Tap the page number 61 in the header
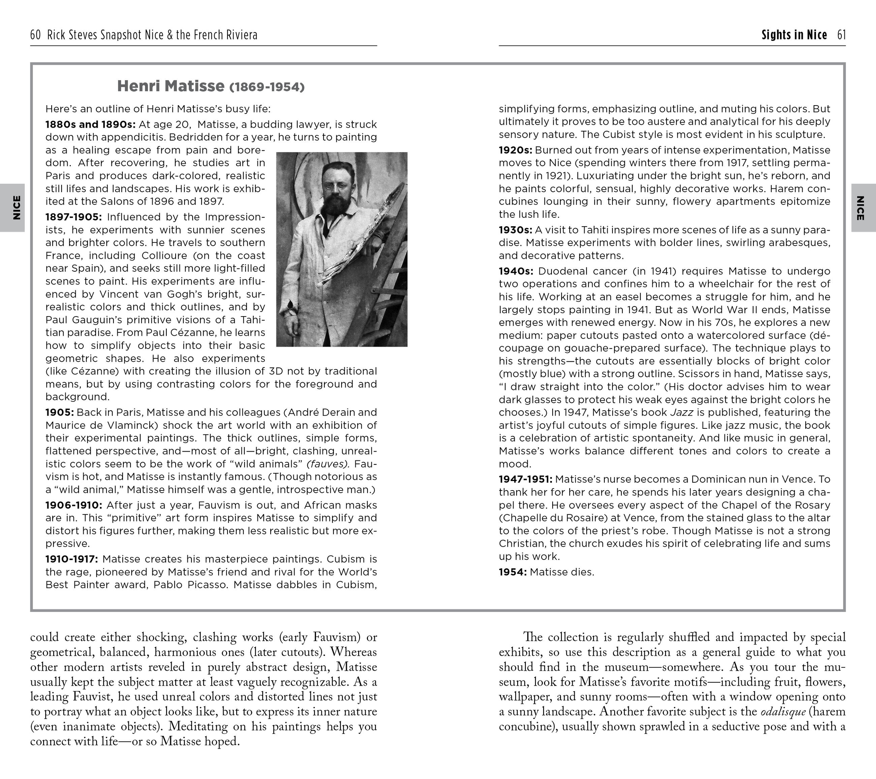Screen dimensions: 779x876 click(x=841, y=35)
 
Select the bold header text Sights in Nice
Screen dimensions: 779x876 click(x=794, y=35)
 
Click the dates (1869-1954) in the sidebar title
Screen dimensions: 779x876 click(x=267, y=87)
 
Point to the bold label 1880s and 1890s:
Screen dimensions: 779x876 click(x=90, y=124)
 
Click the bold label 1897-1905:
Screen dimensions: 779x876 click(x=74, y=217)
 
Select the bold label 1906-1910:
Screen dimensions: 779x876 click(x=74, y=505)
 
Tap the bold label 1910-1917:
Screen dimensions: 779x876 click(x=71, y=559)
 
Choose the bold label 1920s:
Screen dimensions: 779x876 click(x=515, y=150)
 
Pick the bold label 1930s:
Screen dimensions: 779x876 click(x=515, y=230)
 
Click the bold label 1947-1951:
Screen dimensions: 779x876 click(x=525, y=479)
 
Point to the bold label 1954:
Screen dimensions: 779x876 click(x=512, y=572)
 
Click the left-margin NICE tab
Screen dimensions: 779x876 click(x=16, y=208)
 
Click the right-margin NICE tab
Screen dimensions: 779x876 click(x=860, y=208)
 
